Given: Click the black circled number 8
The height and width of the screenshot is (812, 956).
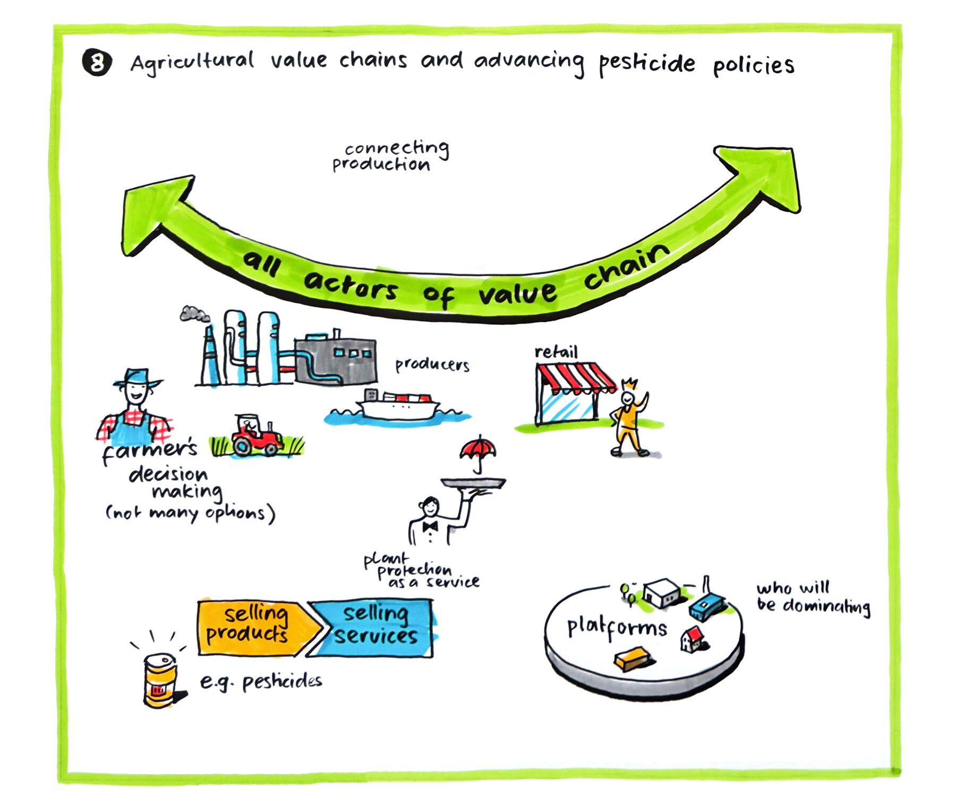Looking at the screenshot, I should pos(97,63).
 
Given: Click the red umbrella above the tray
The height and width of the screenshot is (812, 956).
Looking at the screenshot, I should pos(478,449).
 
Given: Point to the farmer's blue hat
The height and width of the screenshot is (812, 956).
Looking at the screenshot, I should pos(138,378).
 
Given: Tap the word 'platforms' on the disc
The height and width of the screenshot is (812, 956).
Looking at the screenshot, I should pos(617,628).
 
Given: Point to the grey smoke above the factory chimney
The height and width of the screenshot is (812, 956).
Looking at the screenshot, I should pos(193,314).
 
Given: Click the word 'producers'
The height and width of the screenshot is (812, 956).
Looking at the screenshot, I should pos(432,365).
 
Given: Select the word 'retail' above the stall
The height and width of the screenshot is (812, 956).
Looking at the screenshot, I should pos(556,352).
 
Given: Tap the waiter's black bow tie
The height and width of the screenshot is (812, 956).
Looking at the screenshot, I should pos(430,526).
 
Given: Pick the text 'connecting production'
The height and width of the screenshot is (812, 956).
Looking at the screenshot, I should pos(390,156).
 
